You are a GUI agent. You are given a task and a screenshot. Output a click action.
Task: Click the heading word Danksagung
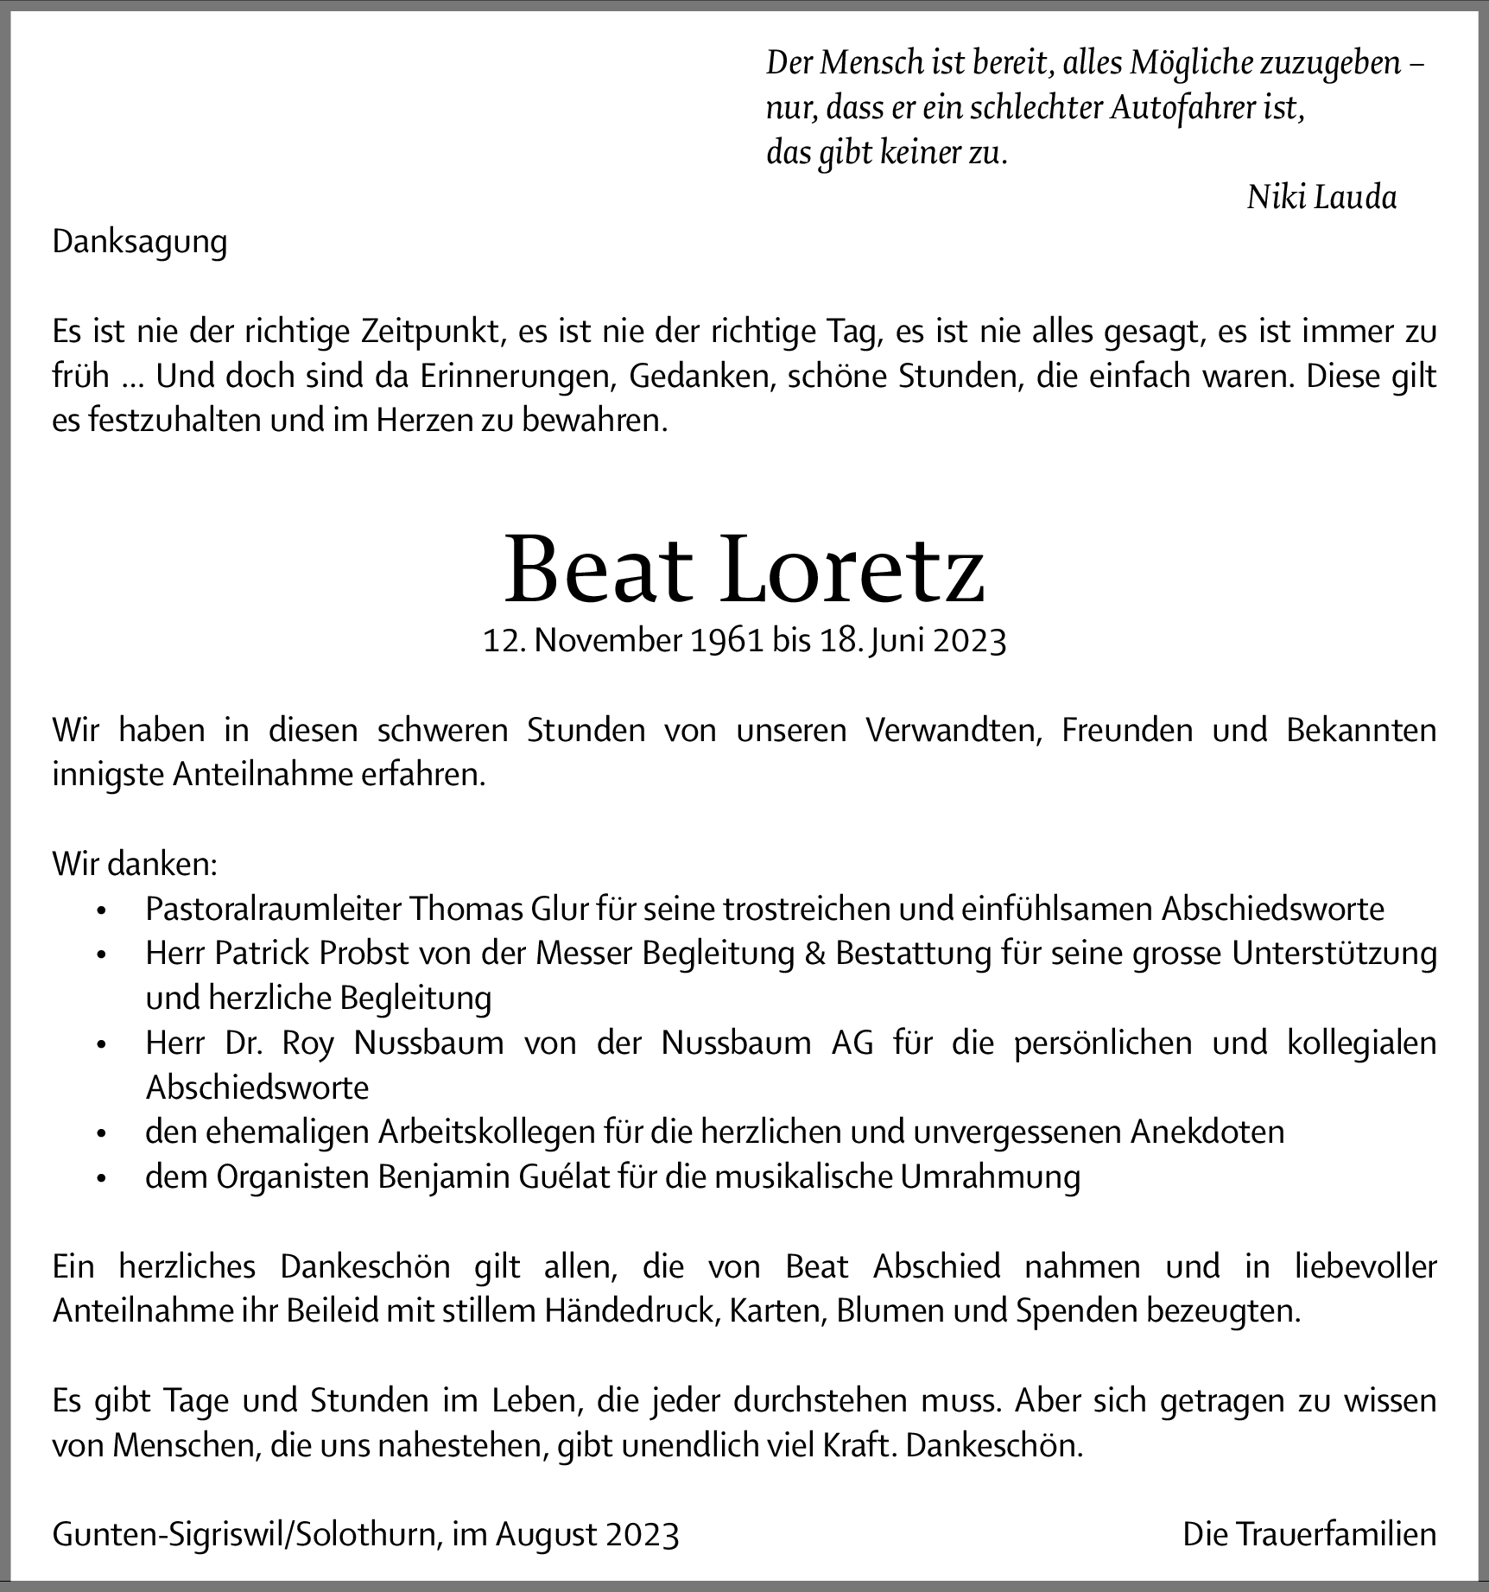click(139, 242)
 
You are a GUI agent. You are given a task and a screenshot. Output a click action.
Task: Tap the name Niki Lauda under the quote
click(1321, 198)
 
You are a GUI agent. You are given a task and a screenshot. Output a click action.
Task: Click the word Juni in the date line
click(895, 641)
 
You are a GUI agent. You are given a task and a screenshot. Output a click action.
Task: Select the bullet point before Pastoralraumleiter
click(102, 910)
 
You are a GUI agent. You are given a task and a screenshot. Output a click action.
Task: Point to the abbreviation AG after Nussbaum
click(852, 1043)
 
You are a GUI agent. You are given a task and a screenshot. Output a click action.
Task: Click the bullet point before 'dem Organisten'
click(102, 1178)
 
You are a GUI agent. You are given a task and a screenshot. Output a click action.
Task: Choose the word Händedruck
click(632, 1311)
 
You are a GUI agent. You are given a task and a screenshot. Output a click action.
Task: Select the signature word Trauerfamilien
click(1336, 1535)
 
